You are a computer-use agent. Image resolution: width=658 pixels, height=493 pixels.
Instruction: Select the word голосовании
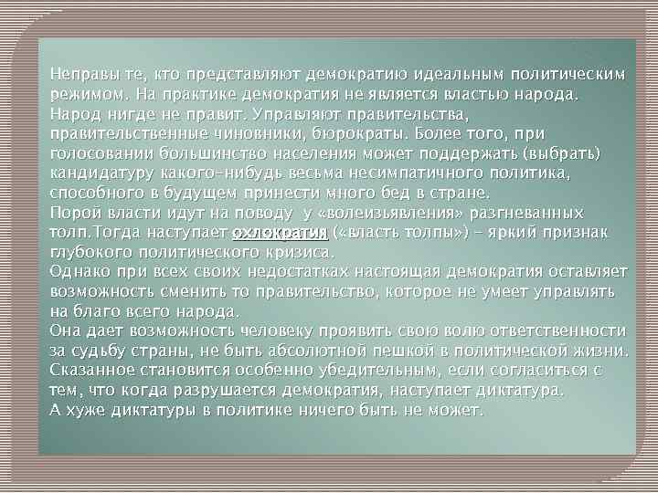100,153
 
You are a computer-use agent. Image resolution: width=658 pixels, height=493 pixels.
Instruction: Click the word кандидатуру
102,173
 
